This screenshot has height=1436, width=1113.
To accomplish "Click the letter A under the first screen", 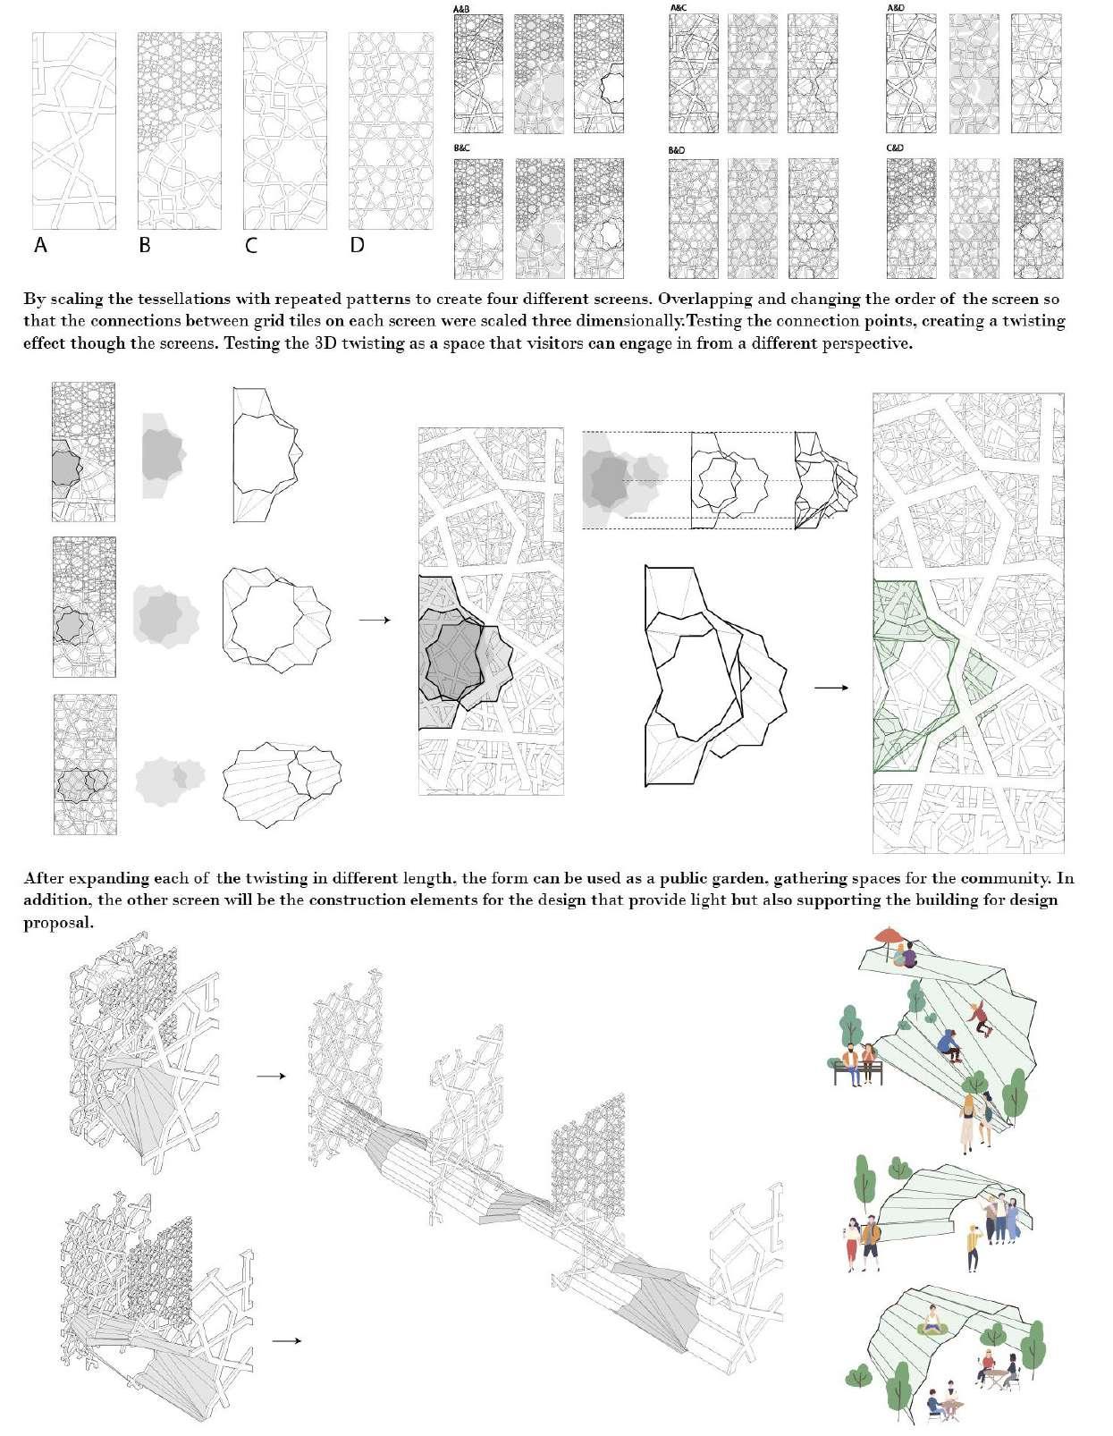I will click(x=40, y=244).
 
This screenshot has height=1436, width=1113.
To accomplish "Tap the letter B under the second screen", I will click(x=145, y=244).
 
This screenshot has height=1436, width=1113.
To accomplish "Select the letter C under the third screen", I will click(x=251, y=244).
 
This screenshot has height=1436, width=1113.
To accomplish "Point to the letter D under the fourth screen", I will click(x=358, y=244).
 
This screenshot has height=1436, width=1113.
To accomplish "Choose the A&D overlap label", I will click(x=895, y=8).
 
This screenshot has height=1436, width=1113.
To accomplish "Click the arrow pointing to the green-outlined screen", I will click(x=831, y=688).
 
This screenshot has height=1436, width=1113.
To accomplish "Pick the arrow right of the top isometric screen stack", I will click(x=270, y=1077).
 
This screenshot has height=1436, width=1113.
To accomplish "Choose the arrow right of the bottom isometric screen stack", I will click(x=285, y=1340).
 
